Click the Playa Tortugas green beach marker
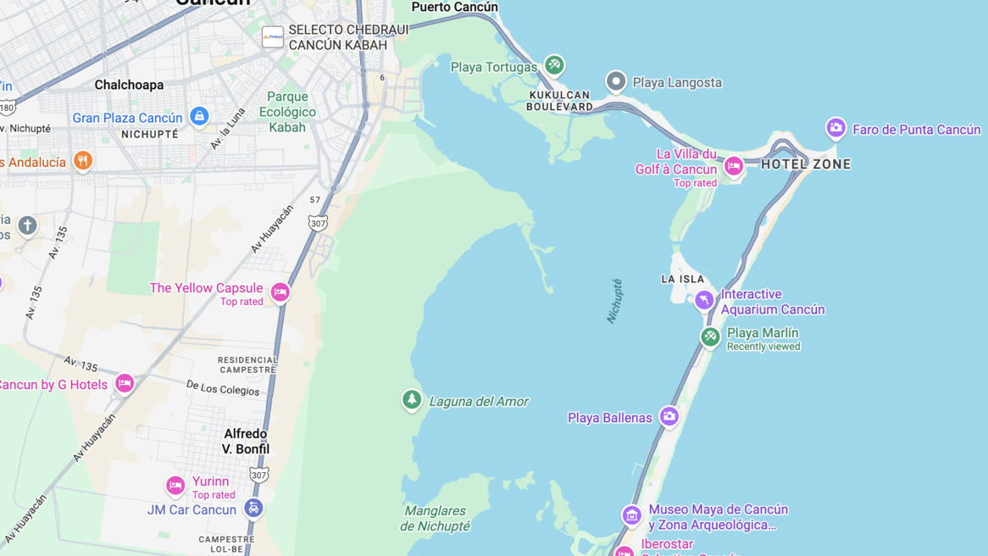pyautogui.click(x=554, y=64)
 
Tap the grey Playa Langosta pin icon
pyautogui.click(x=616, y=81)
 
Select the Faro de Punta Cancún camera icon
pyautogui.click(x=835, y=128)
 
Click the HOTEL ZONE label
pyautogui.click(x=806, y=164)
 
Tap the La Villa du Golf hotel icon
pyautogui.click(x=734, y=166)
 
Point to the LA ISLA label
pyautogui.click(x=682, y=279)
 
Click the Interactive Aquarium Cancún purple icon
pyautogui.click(x=704, y=300)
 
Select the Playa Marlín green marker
pyautogui.click(x=710, y=337)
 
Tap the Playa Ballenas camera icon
pyautogui.click(x=669, y=416)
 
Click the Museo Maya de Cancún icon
pyautogui.click(x=631, y=515)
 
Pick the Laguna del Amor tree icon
pyautogui.click(x=412, y=399)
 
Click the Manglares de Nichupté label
pyautogui.click(x=436, y=519)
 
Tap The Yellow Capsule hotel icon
pyautogui.click(x=280, y=292)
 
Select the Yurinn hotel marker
pyautogui.click(x=175, y=486)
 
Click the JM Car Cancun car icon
pyautogui.click(x=253, y=509)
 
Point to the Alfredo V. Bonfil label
pyautogui.click(x=246, y=442)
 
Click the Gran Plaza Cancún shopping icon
pyautogui.click(x=199, y=116)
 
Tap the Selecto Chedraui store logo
pyautogui.click(x=273, y=37)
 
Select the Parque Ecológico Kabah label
pyautogui.click(x=287, y=112)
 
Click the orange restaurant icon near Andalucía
pyautogui.click(x=82, y=160)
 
